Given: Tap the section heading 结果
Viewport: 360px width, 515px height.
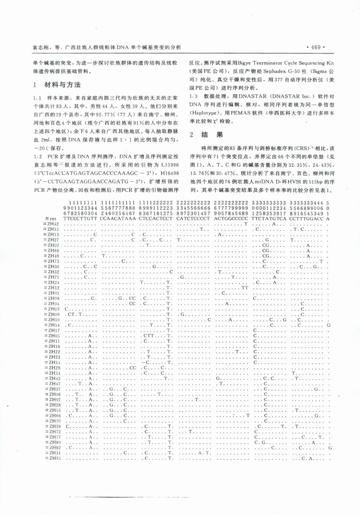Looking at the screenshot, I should (x=215, y=135).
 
